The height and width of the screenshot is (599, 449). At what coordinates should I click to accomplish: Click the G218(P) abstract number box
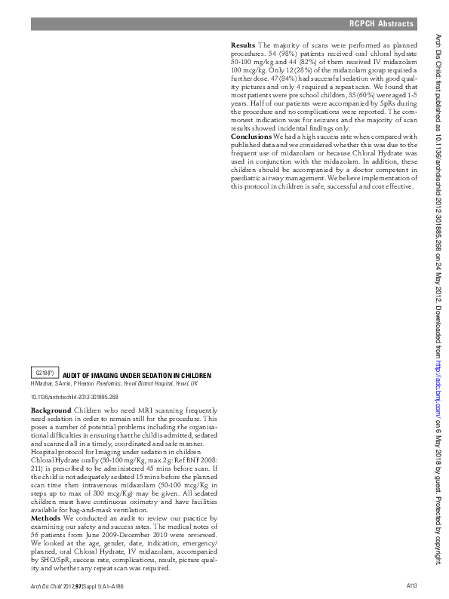45,373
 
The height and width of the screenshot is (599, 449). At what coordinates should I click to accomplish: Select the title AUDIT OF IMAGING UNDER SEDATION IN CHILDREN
137,375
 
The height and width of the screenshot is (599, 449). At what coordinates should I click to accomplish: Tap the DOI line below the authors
74,396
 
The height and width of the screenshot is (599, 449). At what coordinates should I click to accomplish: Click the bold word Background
51,410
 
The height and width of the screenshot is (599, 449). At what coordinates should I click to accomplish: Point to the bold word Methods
45,518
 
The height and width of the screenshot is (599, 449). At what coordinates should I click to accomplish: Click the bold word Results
243,45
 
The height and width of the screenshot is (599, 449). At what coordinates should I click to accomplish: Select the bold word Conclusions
251,136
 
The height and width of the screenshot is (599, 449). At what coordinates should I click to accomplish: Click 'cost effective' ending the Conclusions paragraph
387,186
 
